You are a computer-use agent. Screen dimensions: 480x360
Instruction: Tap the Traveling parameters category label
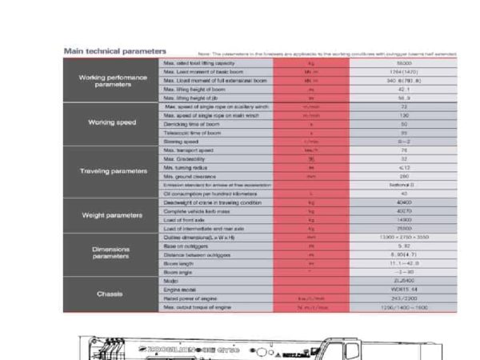pyautogui.click(x=114, y=171)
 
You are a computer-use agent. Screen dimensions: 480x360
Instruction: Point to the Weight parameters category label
pyautogui.click(x=114, y=215)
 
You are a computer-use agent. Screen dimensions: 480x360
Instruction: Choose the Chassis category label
pyautogui.click(x=114, y=294)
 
